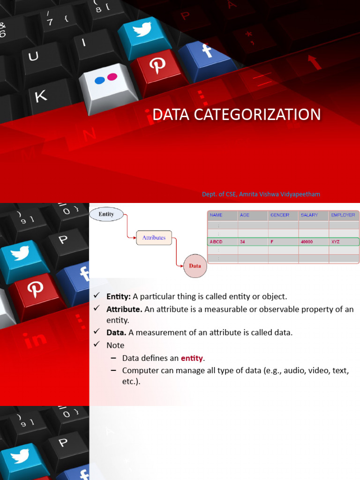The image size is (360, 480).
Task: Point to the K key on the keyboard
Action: (x=41, y=97)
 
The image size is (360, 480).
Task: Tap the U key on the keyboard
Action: (x=33, y=57)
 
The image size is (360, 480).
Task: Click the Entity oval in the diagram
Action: (x=106, y=214)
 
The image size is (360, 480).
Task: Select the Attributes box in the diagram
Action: (x=154, y=238)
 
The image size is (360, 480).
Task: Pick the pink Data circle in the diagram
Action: (x=195, y=266)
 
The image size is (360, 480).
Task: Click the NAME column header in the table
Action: (x=216, y=215)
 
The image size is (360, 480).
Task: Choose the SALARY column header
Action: (x=309, y=215)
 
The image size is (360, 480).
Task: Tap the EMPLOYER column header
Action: (x=343, y=215)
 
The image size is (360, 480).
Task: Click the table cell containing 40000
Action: (x=307, y=242)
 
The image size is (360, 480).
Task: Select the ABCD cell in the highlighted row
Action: (x=217, y=242)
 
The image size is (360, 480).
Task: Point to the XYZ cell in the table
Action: (x=335, y=242)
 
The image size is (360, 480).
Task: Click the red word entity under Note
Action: (x=192, y=358)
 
